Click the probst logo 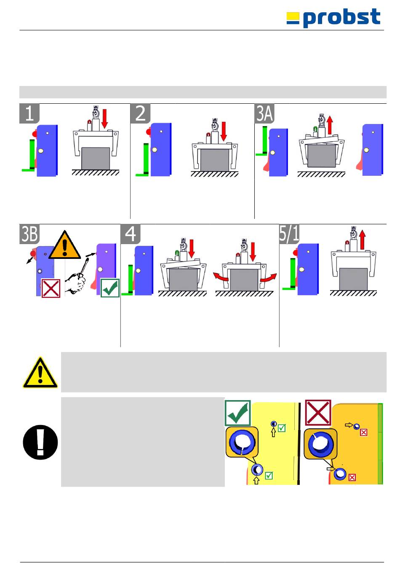point(333,18)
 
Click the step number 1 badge point(29,113)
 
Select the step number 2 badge point(140,113)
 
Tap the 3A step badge point(264,113)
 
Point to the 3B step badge point(29,234)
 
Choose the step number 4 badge point(131,234)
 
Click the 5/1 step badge point(289,234)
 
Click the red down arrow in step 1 point(104,118)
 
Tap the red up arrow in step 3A point(330,125)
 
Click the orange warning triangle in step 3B point(64,245)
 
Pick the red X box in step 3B point(51,288)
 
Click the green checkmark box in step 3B point(110,288)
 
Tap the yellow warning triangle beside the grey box point(40,373)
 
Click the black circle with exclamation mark point(40,442)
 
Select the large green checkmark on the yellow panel point(238,413)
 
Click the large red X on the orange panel point(318,413)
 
